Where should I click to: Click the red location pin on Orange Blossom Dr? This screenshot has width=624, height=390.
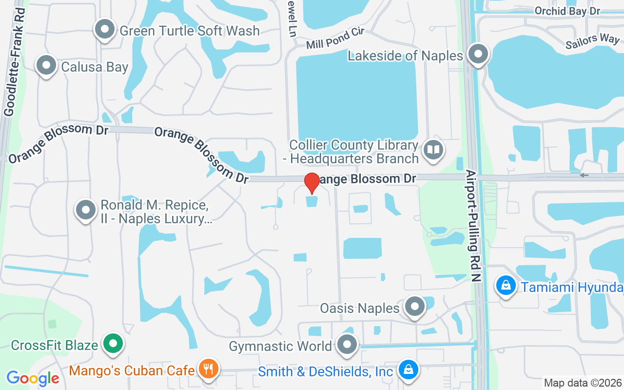312,183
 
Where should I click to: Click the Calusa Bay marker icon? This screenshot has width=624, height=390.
47,66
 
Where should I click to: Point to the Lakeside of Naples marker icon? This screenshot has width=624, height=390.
478,54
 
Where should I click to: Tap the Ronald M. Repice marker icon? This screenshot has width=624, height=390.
86,210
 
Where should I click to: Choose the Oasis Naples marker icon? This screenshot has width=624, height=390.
415,307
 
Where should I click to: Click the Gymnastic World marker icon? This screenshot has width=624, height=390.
347,346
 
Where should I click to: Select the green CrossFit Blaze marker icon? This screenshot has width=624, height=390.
113,345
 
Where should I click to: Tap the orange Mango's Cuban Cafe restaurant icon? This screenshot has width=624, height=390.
208,369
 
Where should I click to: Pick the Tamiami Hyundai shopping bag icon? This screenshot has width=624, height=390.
506,285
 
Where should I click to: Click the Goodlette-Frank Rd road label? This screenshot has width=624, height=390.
15,61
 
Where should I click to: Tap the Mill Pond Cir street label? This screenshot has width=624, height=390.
335,38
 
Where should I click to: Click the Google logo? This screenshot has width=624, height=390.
33,378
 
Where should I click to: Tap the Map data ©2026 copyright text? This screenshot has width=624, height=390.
583,383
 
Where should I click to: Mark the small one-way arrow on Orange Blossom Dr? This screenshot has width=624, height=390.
584,175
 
